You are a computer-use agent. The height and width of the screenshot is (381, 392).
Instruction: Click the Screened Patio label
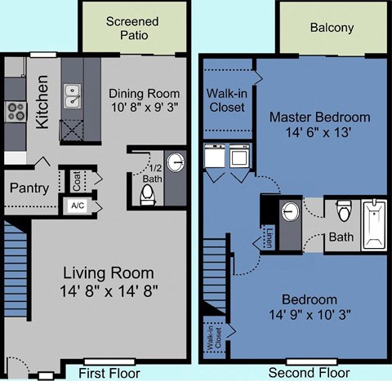click(132, 28)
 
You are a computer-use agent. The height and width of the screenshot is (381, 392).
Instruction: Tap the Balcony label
click(332, 28)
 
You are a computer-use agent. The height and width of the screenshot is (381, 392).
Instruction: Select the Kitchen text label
click(43, 102)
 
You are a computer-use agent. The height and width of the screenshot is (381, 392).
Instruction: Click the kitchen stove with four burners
click(16, 110)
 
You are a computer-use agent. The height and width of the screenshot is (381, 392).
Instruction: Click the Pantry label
click(29, 188)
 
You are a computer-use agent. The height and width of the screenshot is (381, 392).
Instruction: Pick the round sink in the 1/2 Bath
click(176, 161)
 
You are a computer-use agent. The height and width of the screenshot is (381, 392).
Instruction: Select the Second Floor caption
click(303, 373)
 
